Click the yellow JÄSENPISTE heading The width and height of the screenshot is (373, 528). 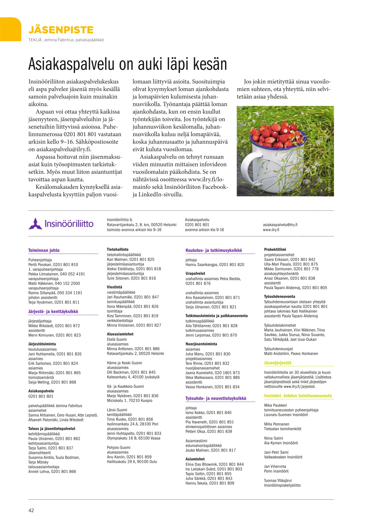click(x=61, y=30)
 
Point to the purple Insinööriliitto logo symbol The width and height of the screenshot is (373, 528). click(x=35, y=224)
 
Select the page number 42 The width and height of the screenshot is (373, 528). click(x=31, y=510)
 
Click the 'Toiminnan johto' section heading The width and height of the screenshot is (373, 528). click(x=44, y=250)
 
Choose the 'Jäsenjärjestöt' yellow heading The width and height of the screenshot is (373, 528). click(x=278, y=363)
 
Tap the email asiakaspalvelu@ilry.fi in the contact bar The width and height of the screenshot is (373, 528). click(x=280, y=225)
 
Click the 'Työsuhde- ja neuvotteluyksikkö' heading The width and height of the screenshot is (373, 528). click(x=216, y=398)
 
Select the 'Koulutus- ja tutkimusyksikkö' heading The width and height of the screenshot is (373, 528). click(x=214, y=250)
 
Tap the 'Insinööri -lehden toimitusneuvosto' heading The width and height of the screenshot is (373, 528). click(x=298, y=396)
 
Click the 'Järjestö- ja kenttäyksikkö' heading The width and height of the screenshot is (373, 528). click(x=53, y=312)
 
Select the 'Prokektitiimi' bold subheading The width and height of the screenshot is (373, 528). click(x=275, y=250)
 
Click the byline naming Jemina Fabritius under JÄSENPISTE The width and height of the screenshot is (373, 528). click(x=66, y=40)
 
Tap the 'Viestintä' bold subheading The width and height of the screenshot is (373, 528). click(x=115, y=287)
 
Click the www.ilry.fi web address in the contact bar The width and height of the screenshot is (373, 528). click(x=271, y=230)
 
